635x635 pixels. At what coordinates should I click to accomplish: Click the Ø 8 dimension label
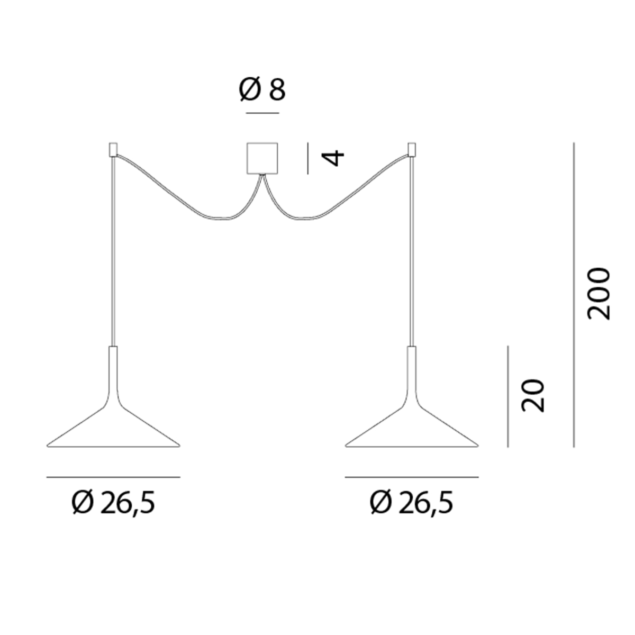click(x=262, y=89)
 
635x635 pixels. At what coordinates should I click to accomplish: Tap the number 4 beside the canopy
click(x=333, y=158)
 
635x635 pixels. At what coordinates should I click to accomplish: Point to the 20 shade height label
click(x=532, y=395)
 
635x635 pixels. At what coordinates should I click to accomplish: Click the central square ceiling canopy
click(x=262, y=158)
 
